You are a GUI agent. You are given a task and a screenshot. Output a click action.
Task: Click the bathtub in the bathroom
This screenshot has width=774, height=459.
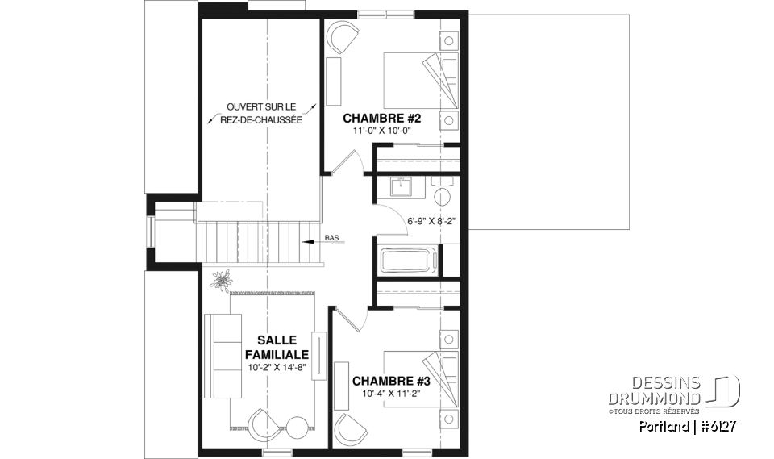pyautogui.click(x=408, y=262)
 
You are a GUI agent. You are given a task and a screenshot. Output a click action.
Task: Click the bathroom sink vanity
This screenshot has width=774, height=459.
pyautogui.click(x=401, y=187)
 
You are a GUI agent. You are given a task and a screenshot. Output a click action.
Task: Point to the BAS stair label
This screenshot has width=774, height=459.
pyautogui.click(x=331, y=238)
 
